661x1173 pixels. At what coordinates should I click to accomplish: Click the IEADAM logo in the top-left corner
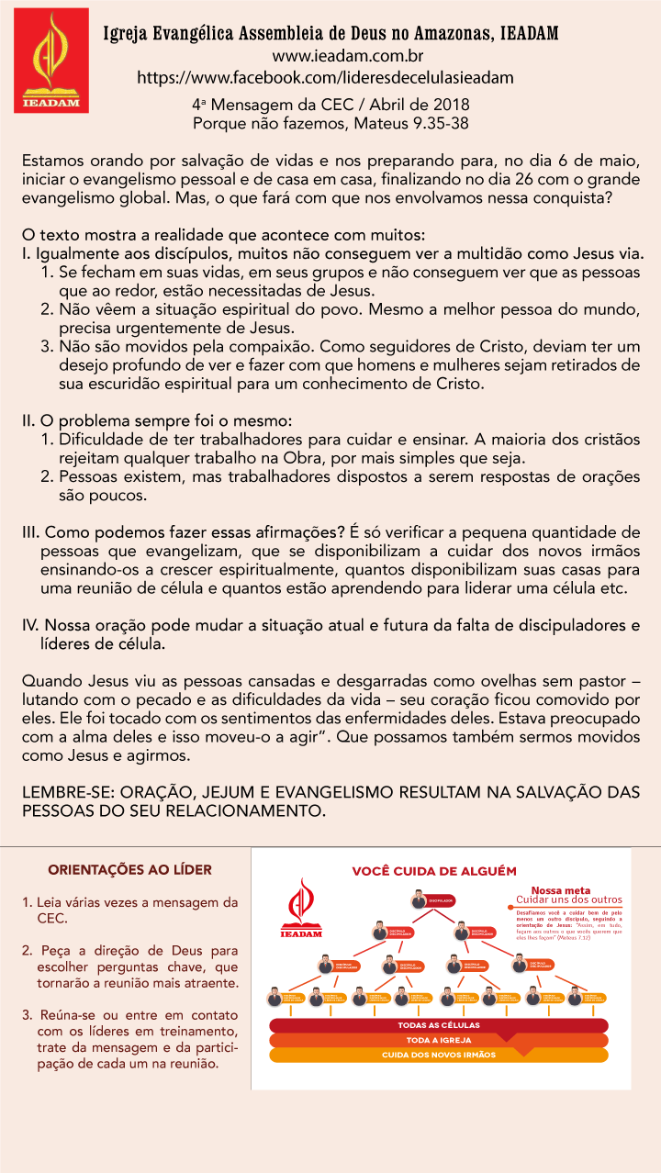[x=51, y=61]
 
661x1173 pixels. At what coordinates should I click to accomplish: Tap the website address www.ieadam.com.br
[x=327, y=57]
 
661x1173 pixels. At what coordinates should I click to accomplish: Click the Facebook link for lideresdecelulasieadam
[x=325, y=78]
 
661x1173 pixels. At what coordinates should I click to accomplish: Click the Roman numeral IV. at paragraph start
[x=30, y=626]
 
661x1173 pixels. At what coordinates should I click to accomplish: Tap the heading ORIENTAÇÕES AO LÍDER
[x=129, y=869]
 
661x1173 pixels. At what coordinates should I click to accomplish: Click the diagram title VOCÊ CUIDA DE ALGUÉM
[x=434, y=871]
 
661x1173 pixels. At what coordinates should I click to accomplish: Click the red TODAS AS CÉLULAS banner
[x=438, y=1024]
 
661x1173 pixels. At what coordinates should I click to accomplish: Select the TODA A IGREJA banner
[x=438, y=1040]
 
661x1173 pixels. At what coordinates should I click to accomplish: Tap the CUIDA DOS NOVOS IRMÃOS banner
[x=438, y=1056]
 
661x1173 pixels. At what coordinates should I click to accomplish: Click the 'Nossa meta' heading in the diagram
[x=560, y=889]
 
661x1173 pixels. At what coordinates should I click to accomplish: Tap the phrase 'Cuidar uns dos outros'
[x=568, y=899]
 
